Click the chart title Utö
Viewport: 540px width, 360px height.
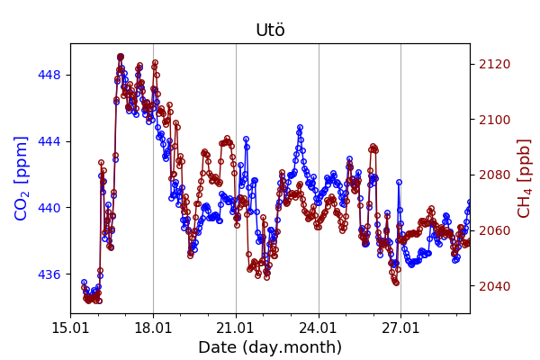point(270,31)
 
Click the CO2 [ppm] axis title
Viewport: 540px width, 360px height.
point(22,178)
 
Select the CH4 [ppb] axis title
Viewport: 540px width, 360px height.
point(524,178)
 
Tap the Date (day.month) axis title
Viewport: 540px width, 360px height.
point(270,347)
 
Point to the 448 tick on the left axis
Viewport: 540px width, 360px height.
point(50,75)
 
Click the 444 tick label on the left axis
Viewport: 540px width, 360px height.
point(50,141)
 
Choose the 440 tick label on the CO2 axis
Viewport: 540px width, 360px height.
point(50,208)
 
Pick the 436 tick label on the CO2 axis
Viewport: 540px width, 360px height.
point(50,274)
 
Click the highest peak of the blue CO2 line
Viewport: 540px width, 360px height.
point(121,57)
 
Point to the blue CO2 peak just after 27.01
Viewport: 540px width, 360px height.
point(399,183)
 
